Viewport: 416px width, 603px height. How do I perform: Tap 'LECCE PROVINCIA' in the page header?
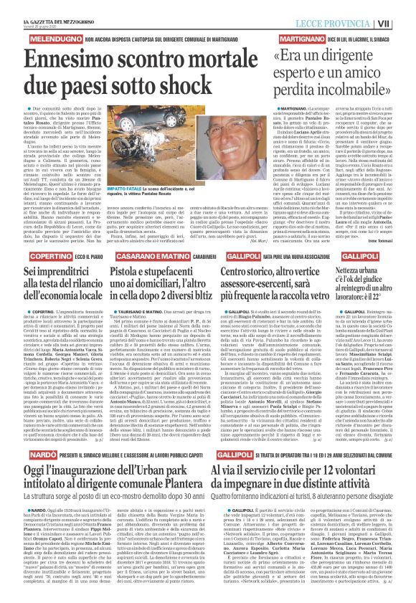[357, 22]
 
